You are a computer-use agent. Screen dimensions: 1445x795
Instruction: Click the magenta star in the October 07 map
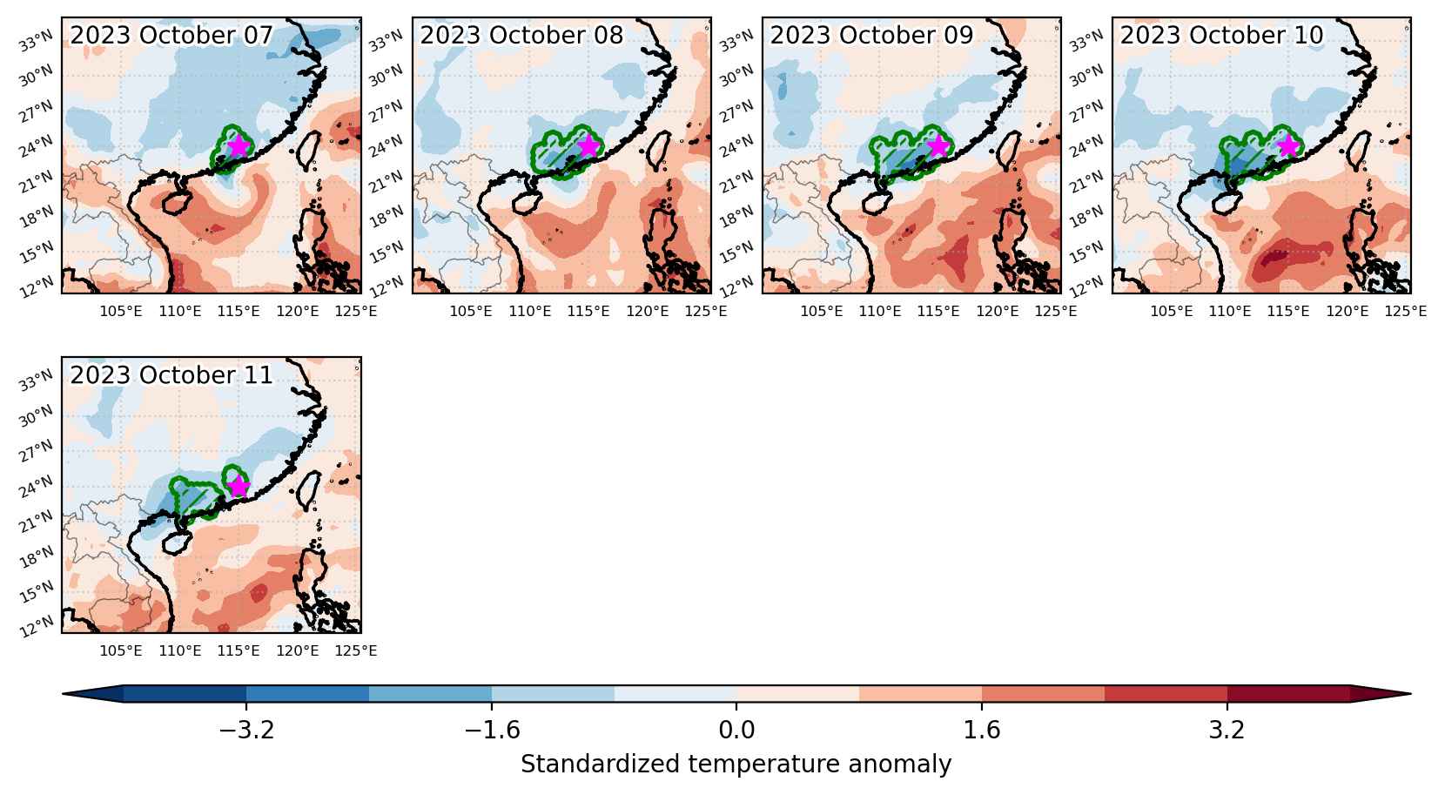239,145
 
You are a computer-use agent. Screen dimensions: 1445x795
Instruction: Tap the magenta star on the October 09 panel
938,145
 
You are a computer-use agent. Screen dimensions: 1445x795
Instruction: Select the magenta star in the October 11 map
239,486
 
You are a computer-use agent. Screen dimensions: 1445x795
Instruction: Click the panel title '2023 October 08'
521,35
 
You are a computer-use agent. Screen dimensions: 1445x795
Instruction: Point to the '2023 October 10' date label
1221,35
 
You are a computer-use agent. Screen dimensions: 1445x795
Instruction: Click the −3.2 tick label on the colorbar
246,730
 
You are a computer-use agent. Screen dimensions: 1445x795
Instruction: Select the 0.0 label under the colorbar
736,730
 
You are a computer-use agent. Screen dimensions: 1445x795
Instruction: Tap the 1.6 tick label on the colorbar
982,730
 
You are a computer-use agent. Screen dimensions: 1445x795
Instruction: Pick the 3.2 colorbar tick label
1227,730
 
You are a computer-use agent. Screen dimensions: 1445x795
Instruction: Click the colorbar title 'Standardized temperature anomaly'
736,764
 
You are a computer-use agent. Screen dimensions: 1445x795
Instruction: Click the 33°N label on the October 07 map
37,41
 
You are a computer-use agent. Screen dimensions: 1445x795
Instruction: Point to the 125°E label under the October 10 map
1405,312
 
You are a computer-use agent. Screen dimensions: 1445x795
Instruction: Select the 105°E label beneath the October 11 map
121,651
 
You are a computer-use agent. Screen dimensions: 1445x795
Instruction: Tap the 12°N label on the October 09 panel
736,286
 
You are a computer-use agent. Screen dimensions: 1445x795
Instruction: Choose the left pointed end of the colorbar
64,694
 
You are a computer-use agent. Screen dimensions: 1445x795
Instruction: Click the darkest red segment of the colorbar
1288,694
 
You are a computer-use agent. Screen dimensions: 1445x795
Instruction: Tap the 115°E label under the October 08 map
588,312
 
